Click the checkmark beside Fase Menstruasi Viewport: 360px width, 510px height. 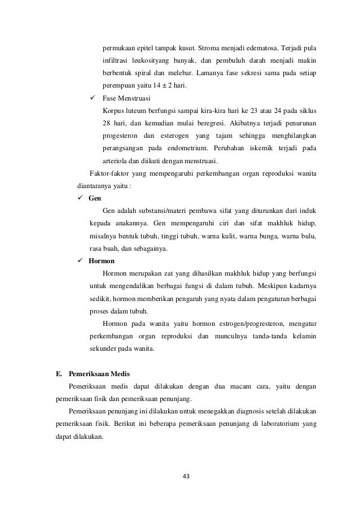coord(93,98)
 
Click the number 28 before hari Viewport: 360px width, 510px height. coord(107,124)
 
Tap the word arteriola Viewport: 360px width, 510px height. coord(116,161)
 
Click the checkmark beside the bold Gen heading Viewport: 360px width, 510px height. coord(80,199)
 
